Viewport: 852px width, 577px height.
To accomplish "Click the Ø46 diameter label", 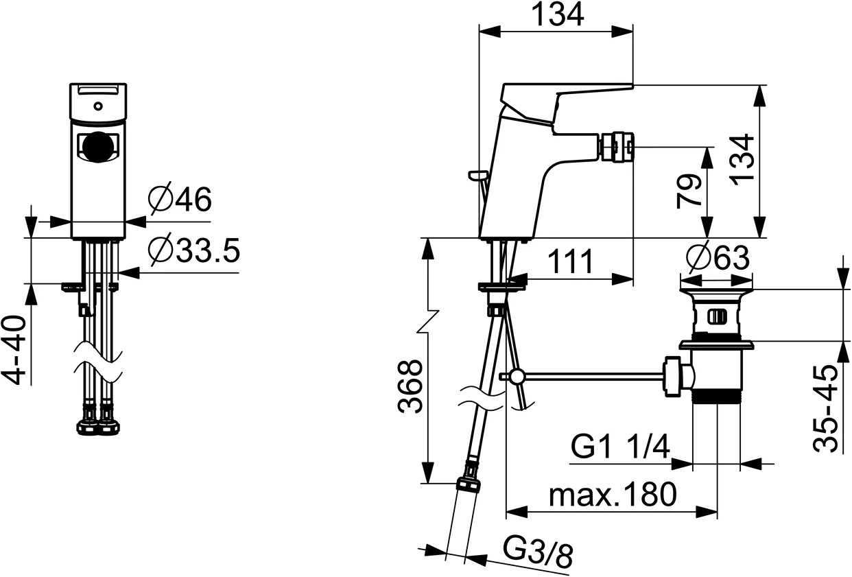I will pyautogui.click(x=180, y=200).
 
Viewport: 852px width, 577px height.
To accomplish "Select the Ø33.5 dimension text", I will pyautogui.click(x=194, y=252).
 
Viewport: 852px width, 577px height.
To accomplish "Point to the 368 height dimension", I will pyautogui.click(x=410, y=386).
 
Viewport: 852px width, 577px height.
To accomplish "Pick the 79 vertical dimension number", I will pyautogui.click(x=688, y=191).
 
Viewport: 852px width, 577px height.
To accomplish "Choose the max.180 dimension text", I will pyautogui.click(x=613, y=494).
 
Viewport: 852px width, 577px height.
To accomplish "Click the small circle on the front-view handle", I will pyautogui.click(x=98, y=106).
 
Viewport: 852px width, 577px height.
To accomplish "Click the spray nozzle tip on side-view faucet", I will pyautogui.click(x=615, y=146).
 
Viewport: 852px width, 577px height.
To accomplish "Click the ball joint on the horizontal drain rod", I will pyautogui.click(x=515, y=376).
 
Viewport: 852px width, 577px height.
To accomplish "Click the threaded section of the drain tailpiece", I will pyautogui.click(x=717, y=397).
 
